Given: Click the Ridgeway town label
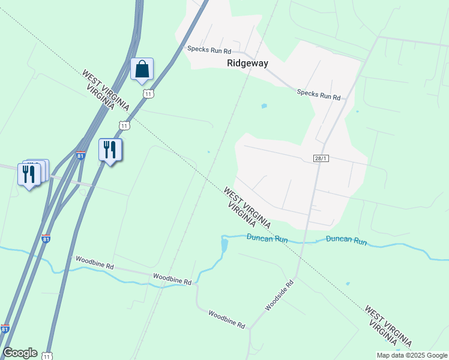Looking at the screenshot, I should point(247,62).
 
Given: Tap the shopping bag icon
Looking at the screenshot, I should point(142,69).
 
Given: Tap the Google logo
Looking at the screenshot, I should point(20,353).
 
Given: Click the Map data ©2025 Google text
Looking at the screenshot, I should point(412,355).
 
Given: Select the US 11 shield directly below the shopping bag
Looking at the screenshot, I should point(148,94).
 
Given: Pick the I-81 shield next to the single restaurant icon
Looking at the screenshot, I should point(81,155).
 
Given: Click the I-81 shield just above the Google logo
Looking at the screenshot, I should point(5,329).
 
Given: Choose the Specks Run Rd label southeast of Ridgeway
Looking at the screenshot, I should point(319,94).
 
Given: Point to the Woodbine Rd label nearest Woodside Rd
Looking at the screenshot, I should point(227,319).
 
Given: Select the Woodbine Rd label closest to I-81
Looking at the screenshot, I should point(93,262).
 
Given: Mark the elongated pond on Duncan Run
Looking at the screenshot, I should point(224,245).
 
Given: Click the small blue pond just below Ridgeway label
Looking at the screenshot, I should point(264,106).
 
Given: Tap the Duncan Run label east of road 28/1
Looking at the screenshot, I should point(346,241).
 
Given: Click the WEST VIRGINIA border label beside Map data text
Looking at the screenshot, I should point(388,326).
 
